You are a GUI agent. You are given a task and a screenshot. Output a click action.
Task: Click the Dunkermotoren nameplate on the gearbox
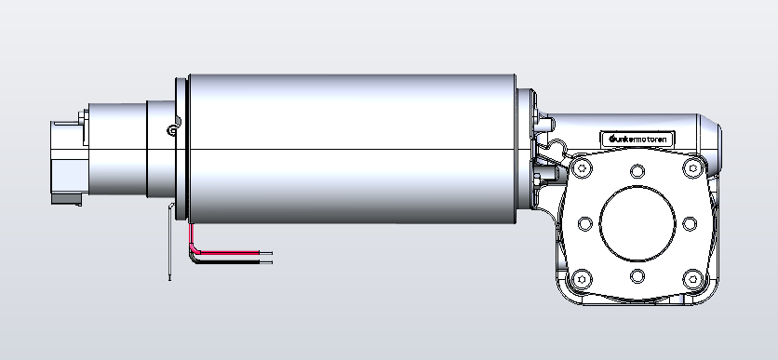(x=637, y=139)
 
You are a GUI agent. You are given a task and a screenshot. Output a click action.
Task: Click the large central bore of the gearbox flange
(x=637, y=223)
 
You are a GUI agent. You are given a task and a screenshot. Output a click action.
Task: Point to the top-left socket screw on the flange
(x=582, y=168)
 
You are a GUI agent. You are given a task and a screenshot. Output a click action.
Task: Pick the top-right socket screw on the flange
(x=693, y=168)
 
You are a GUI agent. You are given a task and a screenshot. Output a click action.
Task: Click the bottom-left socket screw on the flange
(x=582, y=279)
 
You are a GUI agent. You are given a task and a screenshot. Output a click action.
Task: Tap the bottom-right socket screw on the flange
(x=693, y=279)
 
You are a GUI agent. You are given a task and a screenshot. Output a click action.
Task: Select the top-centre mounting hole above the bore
(x=637, y=171)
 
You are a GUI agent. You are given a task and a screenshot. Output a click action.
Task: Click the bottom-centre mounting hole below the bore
(x=637, y=275)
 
